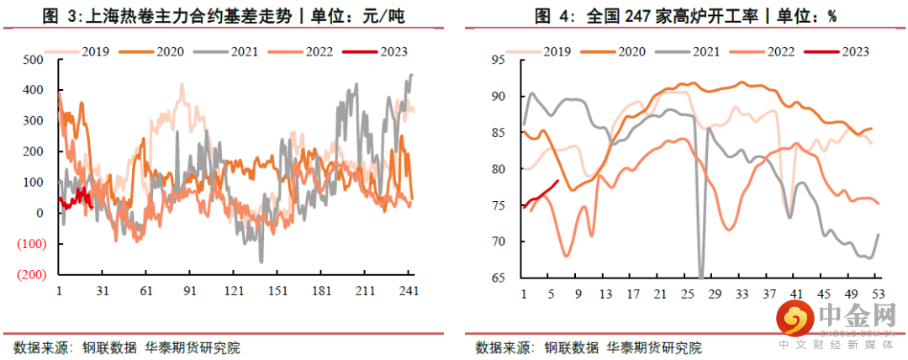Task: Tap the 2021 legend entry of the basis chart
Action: (x=244, y=51)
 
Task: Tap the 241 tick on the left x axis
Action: (x=409, y=291)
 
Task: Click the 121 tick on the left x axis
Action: (x=234, y=291)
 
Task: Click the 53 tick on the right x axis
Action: (x=877, y=294)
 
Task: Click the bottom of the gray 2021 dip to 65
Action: (x=701, y=276)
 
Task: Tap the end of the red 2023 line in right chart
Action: (x=558, y=181)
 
